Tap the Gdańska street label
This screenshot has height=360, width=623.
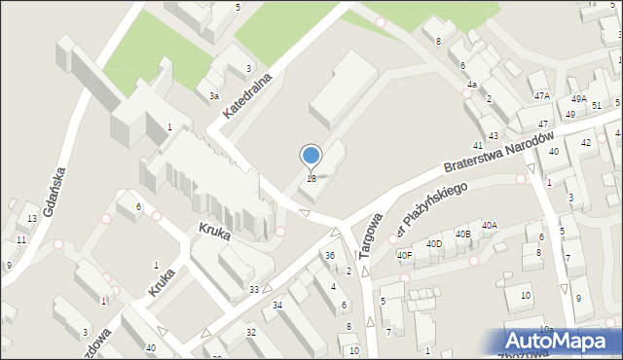[55, 194]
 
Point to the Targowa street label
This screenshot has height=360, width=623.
[371, 234]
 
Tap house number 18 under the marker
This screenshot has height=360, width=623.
[311, 178]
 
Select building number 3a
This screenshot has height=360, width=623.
[213, 96]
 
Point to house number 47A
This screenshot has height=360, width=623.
[542, 95]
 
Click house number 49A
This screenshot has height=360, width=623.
[578, 99]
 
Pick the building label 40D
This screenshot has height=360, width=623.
[434, 243]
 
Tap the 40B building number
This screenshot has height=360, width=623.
[462, 234]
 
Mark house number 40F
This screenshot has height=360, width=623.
[404, 255]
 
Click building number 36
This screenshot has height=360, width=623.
[330, 256]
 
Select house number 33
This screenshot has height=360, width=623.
[254, 289]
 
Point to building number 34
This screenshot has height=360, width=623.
[277, 306]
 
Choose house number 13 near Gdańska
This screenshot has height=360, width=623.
[32, 219]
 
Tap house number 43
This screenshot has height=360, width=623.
[494, 134]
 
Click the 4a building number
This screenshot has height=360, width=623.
[471, 85]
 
